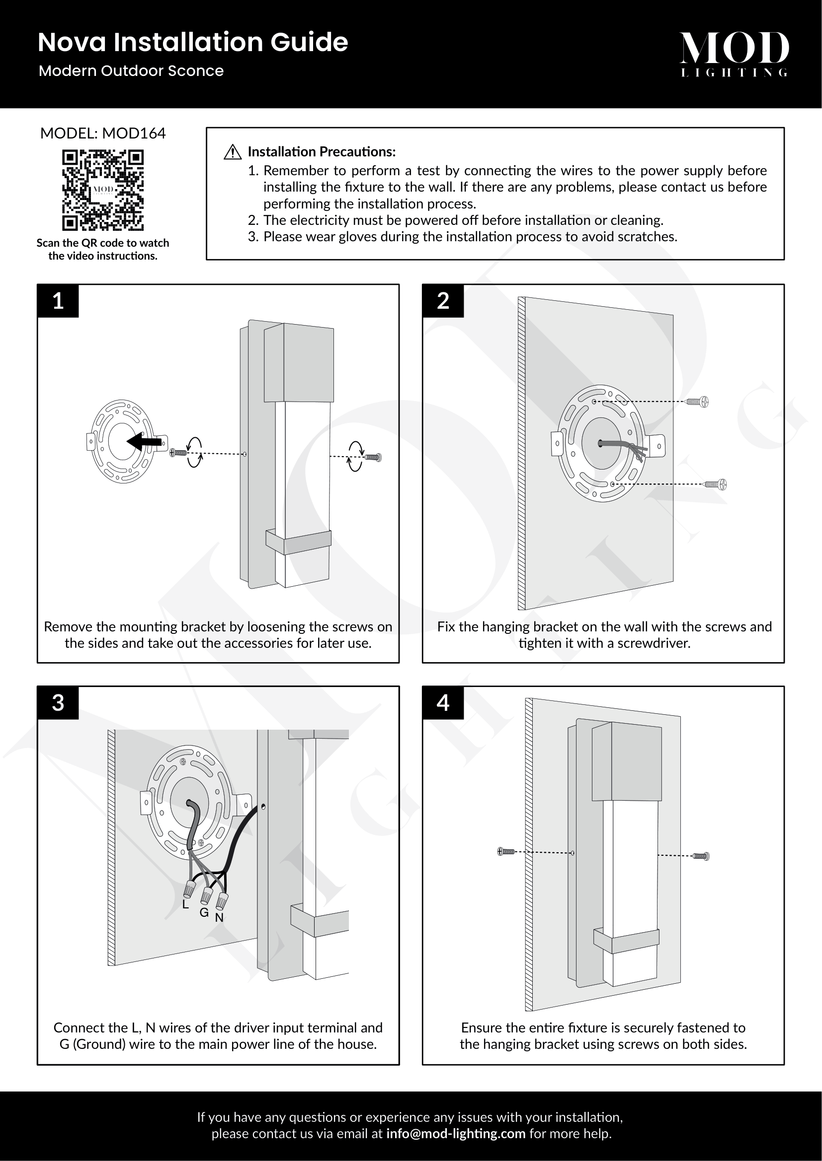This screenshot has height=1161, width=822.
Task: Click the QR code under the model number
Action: pyautogui.click(x=103, y=190)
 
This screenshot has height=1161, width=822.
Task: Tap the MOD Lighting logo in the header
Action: pyautogui.click(x=734, y=54)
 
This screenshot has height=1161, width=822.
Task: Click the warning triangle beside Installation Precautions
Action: pyautogui.click(x=232, y=152)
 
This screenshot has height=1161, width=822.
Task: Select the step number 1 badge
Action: pyautogui.click(x=58, y=301)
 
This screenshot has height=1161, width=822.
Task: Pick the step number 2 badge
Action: pyautogui.click(x=443, y=301)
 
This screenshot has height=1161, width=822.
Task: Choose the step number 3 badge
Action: pyautogui.click(x=58, y=702)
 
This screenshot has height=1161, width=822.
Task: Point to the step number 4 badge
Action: pyautogui.click(x=443, y=702)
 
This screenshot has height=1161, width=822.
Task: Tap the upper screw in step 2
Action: pyautogui.click(x=698, y=402)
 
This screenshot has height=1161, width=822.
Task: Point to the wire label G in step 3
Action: pyautogui.click(x=204, y=913)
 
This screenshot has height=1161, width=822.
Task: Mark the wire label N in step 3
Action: pyautogui.click(x=219, y=918)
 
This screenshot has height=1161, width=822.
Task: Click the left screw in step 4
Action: pyautogui.click(x=506, y=852)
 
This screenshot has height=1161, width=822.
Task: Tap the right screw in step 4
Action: pyautogui.click(x=701, y=856)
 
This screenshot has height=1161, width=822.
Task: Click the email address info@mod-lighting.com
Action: pyautogui.click(x=456, y=1134)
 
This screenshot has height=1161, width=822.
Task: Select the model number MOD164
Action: pyautogui.click(x=134, y=134)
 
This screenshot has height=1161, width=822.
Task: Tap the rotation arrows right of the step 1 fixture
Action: pyautogui.click(x=356, y=456)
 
